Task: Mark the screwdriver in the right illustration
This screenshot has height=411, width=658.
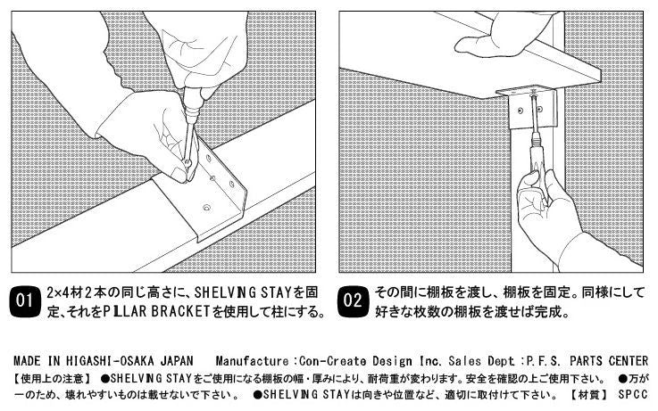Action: (534, 147)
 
